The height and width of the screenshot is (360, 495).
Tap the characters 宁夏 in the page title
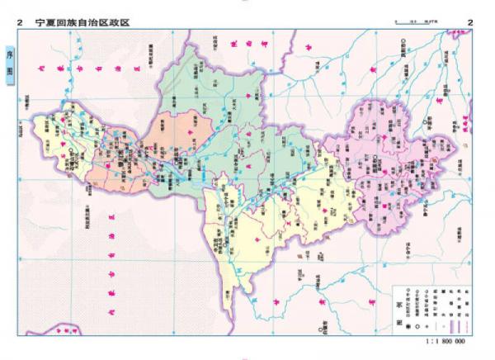pos(48,22)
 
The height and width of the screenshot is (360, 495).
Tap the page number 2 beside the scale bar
pos(470,22)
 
